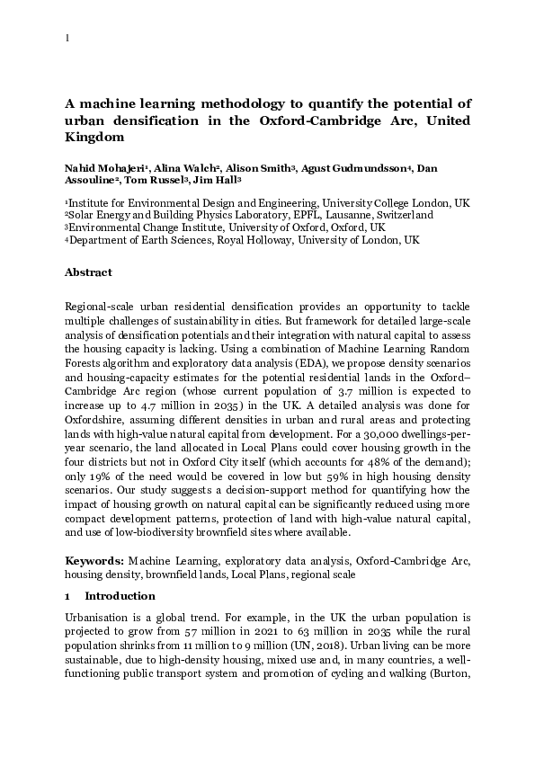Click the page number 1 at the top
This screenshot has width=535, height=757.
(67, 39)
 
